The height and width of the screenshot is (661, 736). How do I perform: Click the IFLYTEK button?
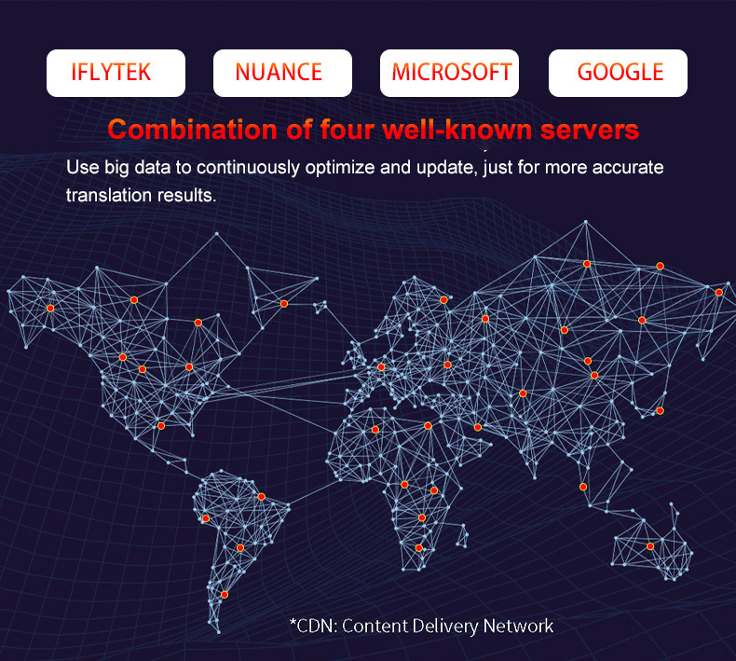tap(116, 73)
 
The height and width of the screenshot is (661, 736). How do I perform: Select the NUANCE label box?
tap(282, 73)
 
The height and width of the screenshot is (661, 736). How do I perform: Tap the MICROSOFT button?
tap(450, 73)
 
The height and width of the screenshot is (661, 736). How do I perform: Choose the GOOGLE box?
tap(618, 73)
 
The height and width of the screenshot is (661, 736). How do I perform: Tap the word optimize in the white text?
tap(361, 171)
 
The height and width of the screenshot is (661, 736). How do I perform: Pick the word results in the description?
tap(187, 196)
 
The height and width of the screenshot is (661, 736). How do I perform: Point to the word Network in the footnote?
tap(518, 626)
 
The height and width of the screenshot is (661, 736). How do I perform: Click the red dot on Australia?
tap(650, 546)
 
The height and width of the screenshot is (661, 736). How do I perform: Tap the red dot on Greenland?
tap(284, 304)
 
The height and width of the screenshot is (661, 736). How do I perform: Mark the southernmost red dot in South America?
tap(224, 594)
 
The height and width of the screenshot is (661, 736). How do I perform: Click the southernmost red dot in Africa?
tap(419, 548)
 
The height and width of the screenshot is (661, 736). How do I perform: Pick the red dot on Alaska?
tap(50, 308)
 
